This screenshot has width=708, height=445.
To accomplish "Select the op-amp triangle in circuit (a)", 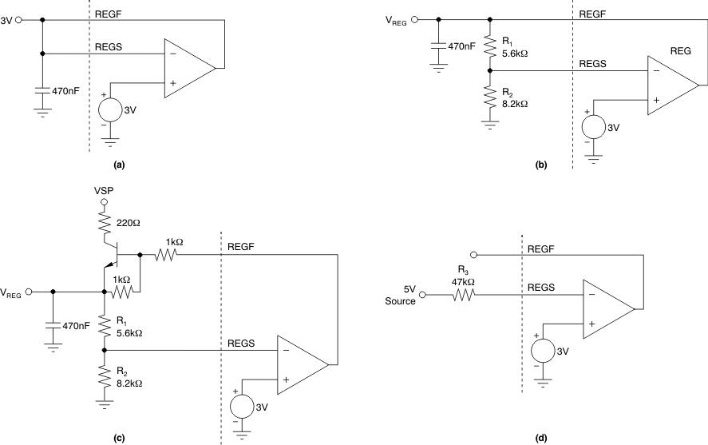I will click(x=188, y=68).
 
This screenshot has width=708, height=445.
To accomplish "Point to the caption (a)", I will click(x=120, y=164).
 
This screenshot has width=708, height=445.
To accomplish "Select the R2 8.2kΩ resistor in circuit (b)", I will click(x=490, y=99).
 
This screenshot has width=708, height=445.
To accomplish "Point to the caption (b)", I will click(x=540, y=164).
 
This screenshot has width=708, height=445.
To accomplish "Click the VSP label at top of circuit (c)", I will click(x=104, y=193).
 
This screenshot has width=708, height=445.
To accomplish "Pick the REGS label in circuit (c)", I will click(x=239, y=343).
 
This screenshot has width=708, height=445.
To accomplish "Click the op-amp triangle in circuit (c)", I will click(x=301, y=364).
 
